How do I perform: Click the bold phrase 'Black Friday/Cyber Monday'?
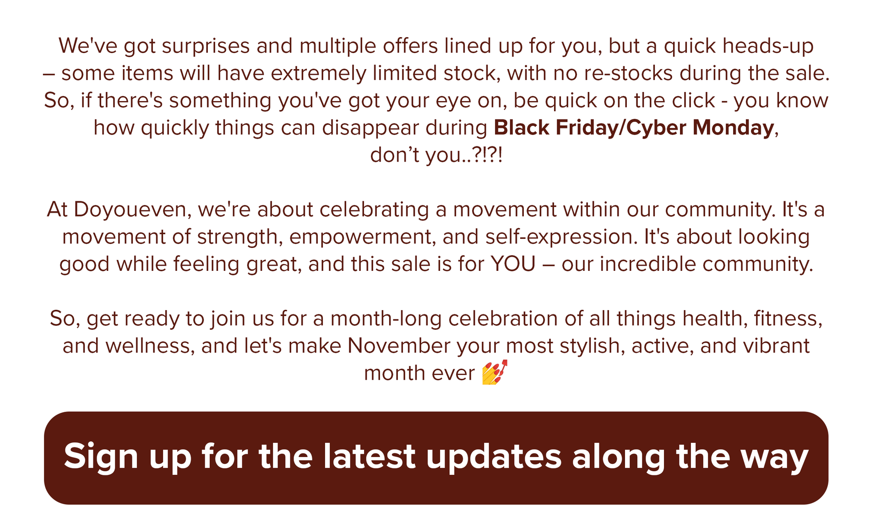click(x=634, y=128)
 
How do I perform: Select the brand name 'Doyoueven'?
click(x=133, y=210)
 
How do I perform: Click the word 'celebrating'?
click(x=374, y=210)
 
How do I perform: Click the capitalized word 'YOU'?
click(x=513, y=264)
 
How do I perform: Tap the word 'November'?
click(x=399, y=346)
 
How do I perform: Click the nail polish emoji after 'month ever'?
click(x=495, y=372)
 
